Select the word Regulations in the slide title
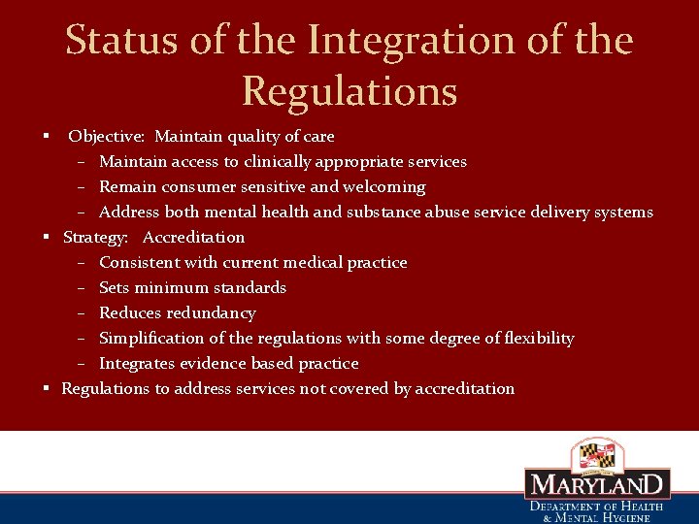349,91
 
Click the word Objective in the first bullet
106,136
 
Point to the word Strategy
95,237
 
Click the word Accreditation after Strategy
193,237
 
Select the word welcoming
382,186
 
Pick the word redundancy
211,312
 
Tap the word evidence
209,363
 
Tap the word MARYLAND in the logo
597,485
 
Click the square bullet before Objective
46,136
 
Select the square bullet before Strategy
46,237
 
